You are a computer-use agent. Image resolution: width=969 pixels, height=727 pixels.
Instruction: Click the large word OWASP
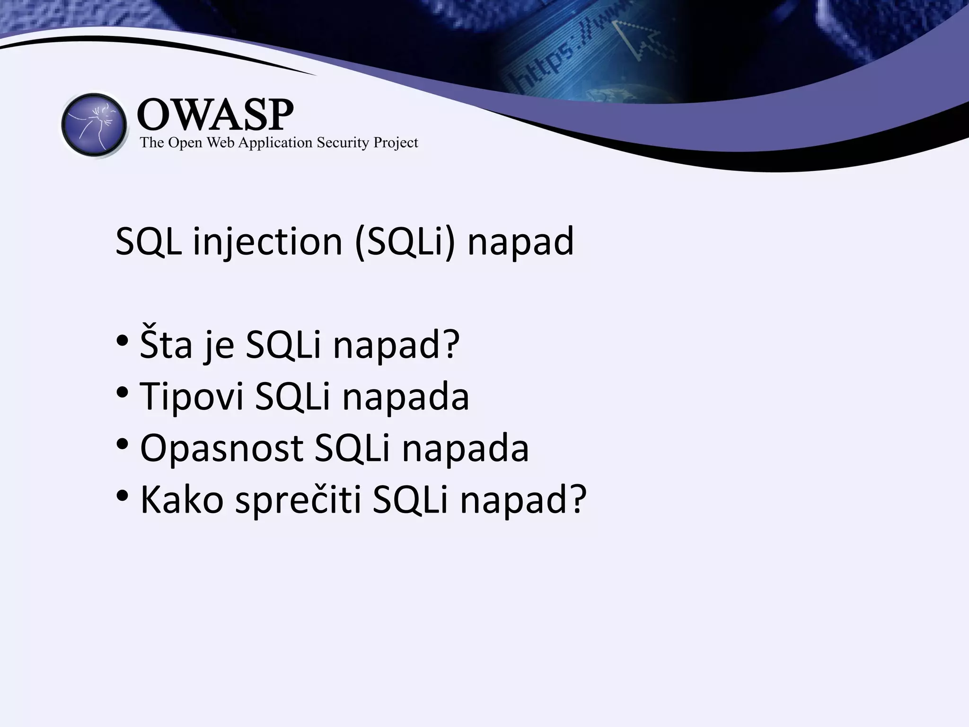pos(215,115)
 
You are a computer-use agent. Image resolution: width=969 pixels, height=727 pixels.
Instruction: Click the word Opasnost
pos(221,448)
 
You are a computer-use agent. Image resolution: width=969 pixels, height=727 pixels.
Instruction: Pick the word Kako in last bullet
pos(182,500)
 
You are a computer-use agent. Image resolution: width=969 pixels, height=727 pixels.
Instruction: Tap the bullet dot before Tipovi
pos(122,393)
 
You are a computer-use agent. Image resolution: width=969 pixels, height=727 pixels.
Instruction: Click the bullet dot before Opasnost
pos(122,444)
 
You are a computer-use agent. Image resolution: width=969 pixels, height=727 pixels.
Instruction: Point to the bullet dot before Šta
pos(122,341)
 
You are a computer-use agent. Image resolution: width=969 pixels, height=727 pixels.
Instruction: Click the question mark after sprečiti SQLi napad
pos(577,500)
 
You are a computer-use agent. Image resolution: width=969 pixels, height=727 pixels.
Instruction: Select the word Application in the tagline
pos(275,143)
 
